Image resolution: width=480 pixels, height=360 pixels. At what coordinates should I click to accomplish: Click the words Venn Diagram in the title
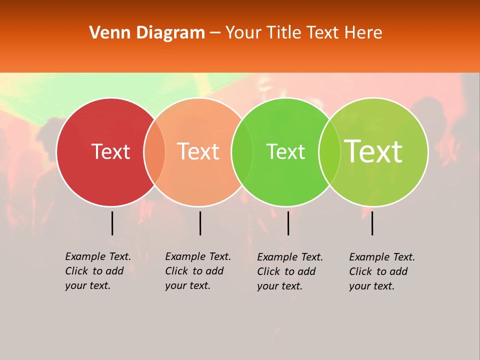(x=147, y=33)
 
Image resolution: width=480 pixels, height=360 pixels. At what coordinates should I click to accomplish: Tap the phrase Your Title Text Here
(x=303, y=33)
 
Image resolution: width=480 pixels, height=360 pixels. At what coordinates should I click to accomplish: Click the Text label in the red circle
(x=110, y=151)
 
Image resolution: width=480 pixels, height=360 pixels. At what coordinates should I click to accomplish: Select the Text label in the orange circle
(x=198, y=151)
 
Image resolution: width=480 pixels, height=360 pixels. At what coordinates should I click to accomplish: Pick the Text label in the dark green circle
(x=285, y=151)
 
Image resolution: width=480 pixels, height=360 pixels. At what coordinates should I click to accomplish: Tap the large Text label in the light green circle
(x=373, y=151)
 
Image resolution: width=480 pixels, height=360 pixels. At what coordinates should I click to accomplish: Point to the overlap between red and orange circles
(x=154, y=152)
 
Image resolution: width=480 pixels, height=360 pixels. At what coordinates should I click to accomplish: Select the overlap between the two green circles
(x=329, y=152)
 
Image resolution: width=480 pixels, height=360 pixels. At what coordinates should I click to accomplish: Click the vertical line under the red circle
(x=112, y=223)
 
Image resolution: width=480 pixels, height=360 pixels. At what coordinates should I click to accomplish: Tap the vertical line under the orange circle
(x=200, y=223)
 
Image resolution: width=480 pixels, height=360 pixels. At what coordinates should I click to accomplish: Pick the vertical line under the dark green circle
(x=288, y=223)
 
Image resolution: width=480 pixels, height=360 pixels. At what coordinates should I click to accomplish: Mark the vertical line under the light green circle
(x=372, y=223)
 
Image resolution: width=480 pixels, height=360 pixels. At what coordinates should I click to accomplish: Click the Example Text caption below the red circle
(x=98, y=271)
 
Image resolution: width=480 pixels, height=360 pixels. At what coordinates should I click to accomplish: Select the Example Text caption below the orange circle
(x=198, y=271)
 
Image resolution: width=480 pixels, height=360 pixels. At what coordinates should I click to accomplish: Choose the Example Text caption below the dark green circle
(x=290, y=271)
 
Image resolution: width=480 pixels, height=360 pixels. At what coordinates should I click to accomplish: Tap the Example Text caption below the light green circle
(x=382, y=271)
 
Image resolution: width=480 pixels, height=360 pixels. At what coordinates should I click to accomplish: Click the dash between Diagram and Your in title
(x=215, y=33)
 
